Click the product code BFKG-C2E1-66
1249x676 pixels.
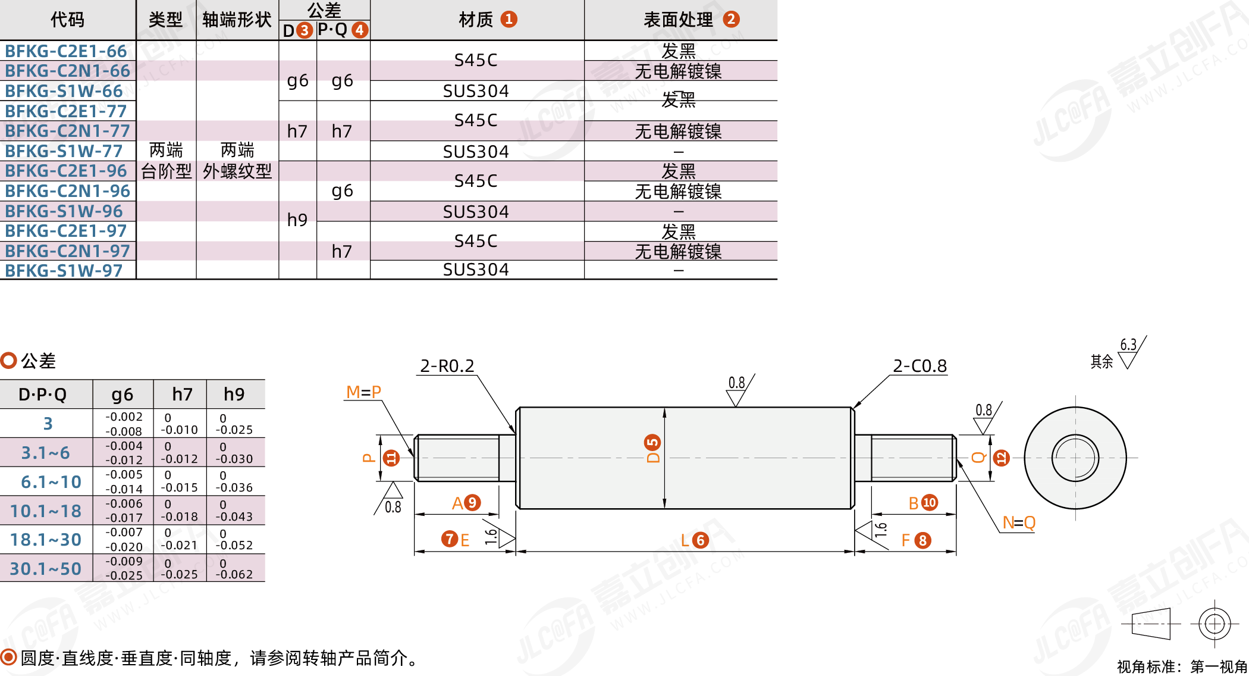pos(66,51)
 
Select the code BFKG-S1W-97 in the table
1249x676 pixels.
pos(64,271)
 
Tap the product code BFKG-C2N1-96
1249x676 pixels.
pos(67,191)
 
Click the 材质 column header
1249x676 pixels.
pos(476,20)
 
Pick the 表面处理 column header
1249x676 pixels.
pos(678,20)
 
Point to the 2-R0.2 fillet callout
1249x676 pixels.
pos(447,366)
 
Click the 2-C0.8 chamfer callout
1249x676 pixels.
pos(920,366)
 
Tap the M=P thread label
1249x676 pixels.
pos(363,392)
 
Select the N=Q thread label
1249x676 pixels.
pos(1019,522)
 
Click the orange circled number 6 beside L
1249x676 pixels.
pos(701,540)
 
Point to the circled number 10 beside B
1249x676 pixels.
pos(929,503)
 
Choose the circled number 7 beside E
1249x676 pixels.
pos(449,539)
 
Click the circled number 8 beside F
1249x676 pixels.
pos(922,540)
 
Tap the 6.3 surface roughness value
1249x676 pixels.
pos(1128,345)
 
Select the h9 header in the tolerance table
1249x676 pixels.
pos(234,394)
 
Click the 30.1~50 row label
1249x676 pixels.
pos(46,569)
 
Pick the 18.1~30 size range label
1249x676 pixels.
pos(46,540)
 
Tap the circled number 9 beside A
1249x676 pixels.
pos(472,503)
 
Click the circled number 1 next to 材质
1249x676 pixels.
pos(509,19)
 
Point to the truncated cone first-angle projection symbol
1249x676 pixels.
pos(1151,624)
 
